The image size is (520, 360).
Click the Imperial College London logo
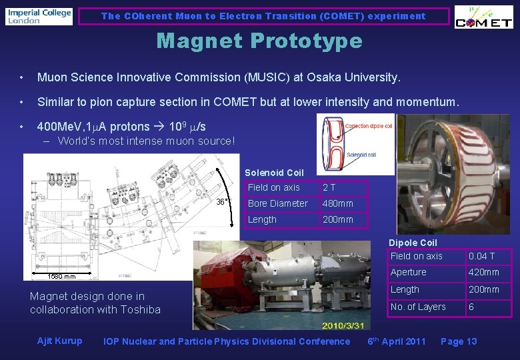[39, 16]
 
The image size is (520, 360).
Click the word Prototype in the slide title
[307, 41]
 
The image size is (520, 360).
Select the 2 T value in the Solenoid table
[329, 187]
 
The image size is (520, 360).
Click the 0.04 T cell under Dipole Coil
[482, 256]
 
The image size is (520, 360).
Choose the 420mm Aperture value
[484, 272]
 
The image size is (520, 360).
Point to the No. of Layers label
[418, 307]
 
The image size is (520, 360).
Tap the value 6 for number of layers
[472, 307]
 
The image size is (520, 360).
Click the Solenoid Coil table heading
[274, 173]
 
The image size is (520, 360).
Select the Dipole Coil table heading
[413, 243]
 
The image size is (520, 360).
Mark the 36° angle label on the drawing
[223, 201]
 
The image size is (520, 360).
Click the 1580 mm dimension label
[61, 277]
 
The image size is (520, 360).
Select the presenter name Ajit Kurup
[59, 341]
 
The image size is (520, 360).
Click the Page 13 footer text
[459, 341]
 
